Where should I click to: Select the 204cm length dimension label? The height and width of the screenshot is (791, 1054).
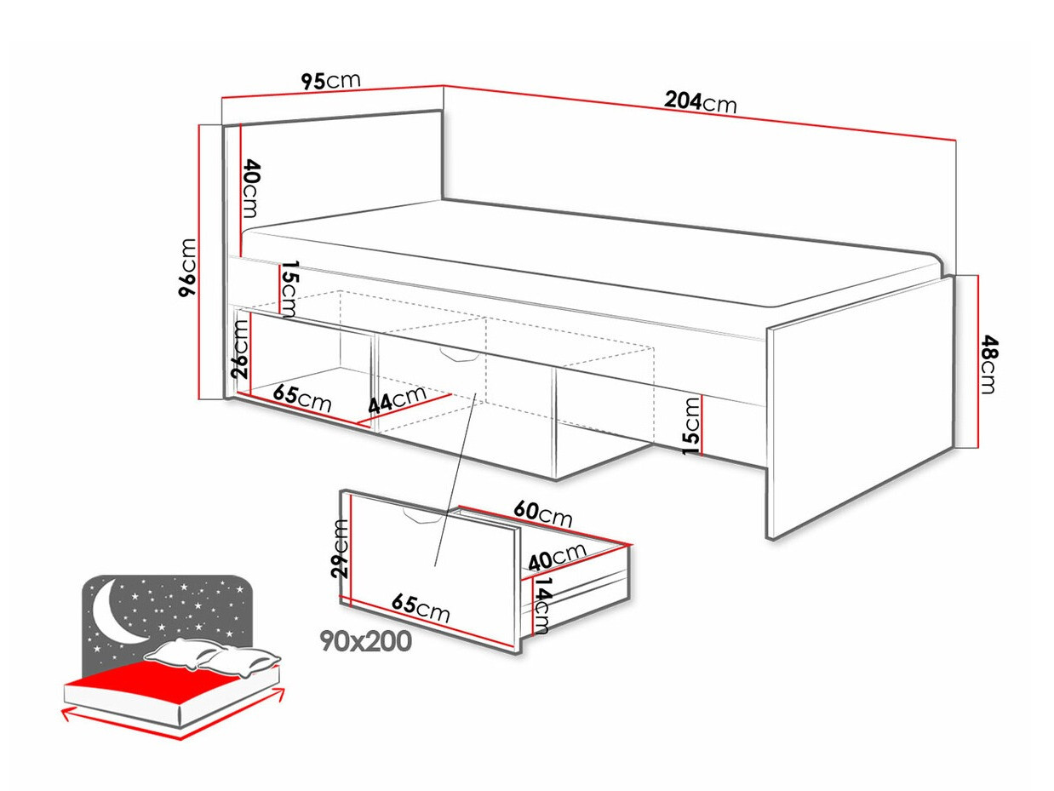click(700, 102)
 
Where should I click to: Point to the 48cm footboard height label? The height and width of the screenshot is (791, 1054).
click(987, 364)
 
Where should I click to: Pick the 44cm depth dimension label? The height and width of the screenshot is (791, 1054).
click(396, 400)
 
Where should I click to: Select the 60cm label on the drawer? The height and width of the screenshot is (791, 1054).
click(541, 513)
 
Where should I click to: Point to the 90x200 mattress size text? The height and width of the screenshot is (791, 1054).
click(365, 640)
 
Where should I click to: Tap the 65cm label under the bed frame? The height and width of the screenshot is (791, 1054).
click(303, 398)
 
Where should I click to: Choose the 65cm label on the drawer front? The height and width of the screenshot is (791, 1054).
click(421, 608)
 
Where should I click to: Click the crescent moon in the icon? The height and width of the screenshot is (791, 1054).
click(114, 614)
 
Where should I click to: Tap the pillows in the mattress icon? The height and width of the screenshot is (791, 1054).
click(213, 655)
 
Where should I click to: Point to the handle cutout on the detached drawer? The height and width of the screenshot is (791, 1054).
click(419, 515)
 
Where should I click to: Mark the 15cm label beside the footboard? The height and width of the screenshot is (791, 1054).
click(693, 425)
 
